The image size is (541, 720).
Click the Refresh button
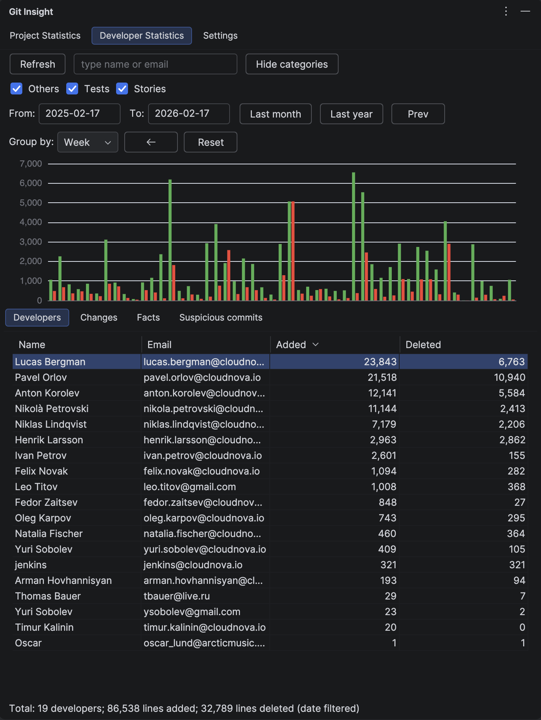pos(38,64)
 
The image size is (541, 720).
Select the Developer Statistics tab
pos(141,36)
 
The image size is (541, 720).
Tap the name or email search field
pos(155,64)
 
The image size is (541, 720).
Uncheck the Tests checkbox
pos(72,89)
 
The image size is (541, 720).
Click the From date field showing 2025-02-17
pos(79,114)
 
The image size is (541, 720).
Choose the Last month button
pos(275,114)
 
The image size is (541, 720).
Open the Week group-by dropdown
pos(87,142)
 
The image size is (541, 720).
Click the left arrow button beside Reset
pos(151,142)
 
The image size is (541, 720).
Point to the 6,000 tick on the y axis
pos(31,183)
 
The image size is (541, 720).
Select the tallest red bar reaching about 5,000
pos(293,251)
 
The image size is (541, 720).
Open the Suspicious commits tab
pos(221,318)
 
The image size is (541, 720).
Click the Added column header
pos(291,345)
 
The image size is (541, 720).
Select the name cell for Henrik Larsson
pos(49,440)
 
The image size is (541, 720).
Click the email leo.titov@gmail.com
pos(190,487)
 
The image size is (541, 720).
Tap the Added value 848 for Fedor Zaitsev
pos(387,502)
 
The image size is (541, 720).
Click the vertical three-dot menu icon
pos(506,12)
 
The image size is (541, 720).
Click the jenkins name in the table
pos(31,565)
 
